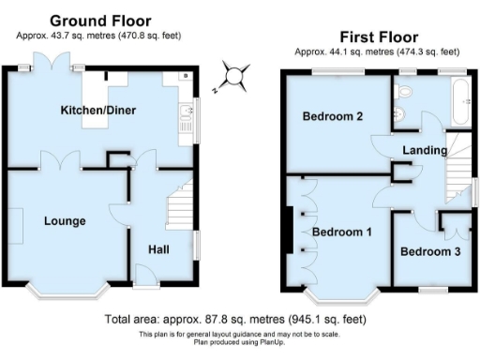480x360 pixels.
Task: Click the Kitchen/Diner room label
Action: click(98, 111)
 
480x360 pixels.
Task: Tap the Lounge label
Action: click(64, 221)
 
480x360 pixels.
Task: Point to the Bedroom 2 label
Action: click(332, 117)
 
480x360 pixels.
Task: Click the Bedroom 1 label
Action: click(342, 232)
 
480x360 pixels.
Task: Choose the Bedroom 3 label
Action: click(430, 251)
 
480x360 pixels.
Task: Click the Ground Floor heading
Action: click(99, 21)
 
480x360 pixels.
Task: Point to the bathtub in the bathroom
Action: click(461, 102)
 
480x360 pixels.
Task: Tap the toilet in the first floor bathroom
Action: click(404, 91)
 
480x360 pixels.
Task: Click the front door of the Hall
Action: click(145, 275)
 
